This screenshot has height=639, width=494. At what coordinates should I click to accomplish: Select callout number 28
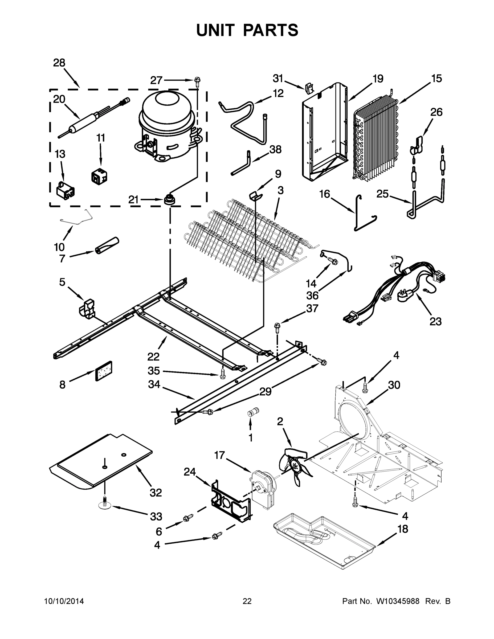[x=59, y=63]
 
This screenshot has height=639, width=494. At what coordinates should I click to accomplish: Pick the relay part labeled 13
[x=65, y=190]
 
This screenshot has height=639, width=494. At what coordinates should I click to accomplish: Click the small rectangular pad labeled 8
[x=104, y=371]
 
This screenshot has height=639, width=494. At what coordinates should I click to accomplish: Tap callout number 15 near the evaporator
[x=436, y=79]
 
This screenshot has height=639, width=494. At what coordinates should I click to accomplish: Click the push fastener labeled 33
[x=105, y=506]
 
